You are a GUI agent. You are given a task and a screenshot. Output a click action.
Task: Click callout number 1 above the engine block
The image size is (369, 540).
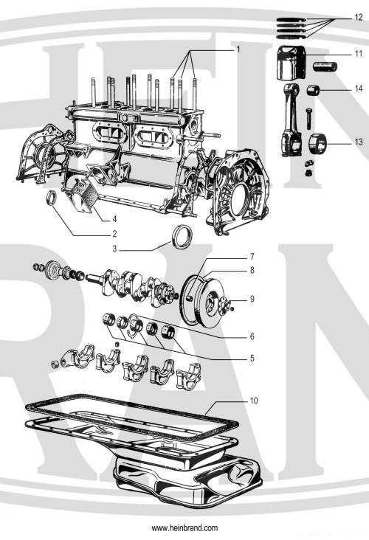point(238,49)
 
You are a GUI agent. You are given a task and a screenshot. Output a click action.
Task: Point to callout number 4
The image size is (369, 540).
point(114,219)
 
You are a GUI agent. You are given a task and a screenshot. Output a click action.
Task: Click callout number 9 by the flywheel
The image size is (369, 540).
point(252,299)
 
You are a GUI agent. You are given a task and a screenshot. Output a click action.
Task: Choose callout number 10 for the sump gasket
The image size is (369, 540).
point(254,403)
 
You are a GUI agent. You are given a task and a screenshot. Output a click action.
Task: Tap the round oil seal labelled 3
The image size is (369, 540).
point(180,238)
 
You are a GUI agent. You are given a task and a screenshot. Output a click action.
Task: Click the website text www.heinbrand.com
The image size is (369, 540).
point(184,528)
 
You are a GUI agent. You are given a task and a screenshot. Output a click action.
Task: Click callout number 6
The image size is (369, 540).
point(252,336)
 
